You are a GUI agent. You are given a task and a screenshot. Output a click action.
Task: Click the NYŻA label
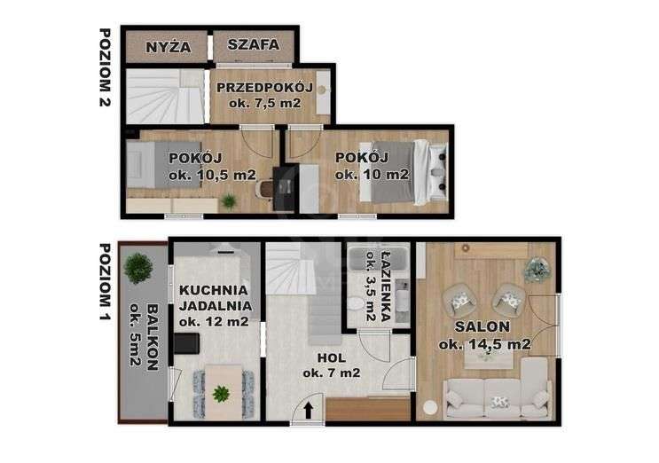tap(168, 46)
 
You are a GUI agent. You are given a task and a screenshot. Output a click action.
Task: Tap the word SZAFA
tap(253, 44)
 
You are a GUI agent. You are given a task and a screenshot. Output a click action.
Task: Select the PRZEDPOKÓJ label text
tap(263, 87)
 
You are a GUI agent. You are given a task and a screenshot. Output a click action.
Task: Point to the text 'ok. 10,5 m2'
tap(200, 174)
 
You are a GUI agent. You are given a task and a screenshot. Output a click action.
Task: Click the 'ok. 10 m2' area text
tap(373, 174)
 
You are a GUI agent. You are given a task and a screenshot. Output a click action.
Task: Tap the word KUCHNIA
tap(214, 290)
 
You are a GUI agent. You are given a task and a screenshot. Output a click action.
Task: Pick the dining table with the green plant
tap(221, 388)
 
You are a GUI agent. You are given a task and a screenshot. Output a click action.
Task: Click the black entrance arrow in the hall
tap(308, 409)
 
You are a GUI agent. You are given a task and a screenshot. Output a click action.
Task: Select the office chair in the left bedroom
tap(265, 189)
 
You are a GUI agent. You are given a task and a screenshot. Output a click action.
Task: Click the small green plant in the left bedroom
tap(229, 201)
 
